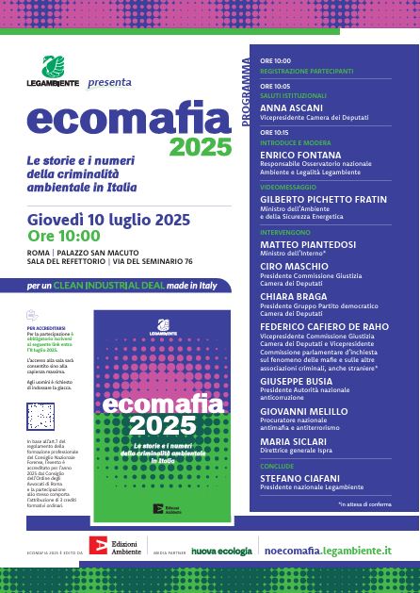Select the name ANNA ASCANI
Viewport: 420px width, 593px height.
point(285,107)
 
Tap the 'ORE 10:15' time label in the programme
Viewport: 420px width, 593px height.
point(275,132)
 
